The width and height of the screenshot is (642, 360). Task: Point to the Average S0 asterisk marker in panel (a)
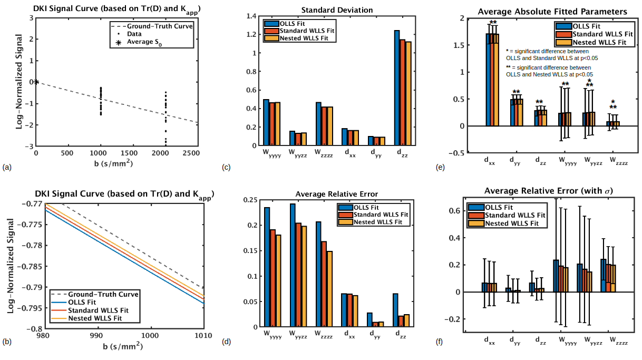[36, 82]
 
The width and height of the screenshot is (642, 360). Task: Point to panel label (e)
[440, 168]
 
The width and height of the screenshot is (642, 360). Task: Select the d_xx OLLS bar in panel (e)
[489, 80]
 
